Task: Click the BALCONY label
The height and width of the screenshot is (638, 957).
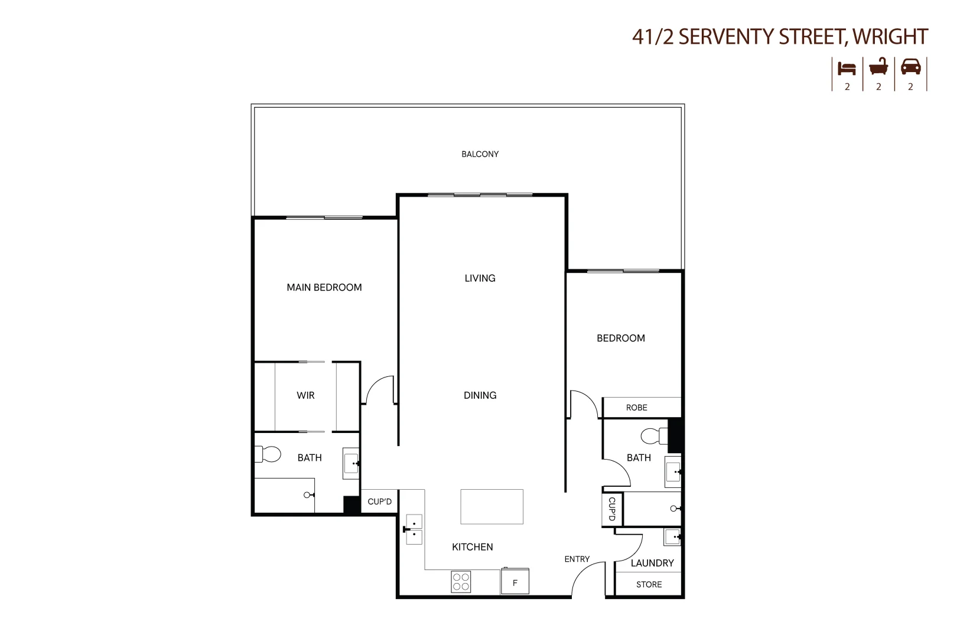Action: (480, 154)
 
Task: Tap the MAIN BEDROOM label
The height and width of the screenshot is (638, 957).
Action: (324, 288)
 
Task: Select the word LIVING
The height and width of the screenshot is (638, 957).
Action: (480, 278)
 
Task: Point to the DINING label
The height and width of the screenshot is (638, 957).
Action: (480, 395)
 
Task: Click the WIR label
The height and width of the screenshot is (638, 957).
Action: (305, 395)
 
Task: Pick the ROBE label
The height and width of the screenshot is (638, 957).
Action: (636, 408)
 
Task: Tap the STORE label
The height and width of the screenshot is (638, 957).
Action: (649, 584)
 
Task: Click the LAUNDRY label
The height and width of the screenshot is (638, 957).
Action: (652, 563)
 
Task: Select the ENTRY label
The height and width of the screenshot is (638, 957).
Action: (577, 559)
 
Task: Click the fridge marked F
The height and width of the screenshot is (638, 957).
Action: (515, 582)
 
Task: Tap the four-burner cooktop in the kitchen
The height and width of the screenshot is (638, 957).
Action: (461, 581)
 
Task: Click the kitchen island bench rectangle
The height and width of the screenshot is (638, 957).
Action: (491, 506)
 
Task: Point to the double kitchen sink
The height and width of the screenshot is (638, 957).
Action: (414, 529)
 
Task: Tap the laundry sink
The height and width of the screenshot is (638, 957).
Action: (672, 537)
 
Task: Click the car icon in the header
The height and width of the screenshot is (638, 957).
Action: (910, 67)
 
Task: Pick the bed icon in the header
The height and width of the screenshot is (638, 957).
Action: (847, 69)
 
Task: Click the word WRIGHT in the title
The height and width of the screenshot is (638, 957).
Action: (890, 37)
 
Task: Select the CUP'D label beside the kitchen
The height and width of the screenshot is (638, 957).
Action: (379, 502)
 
